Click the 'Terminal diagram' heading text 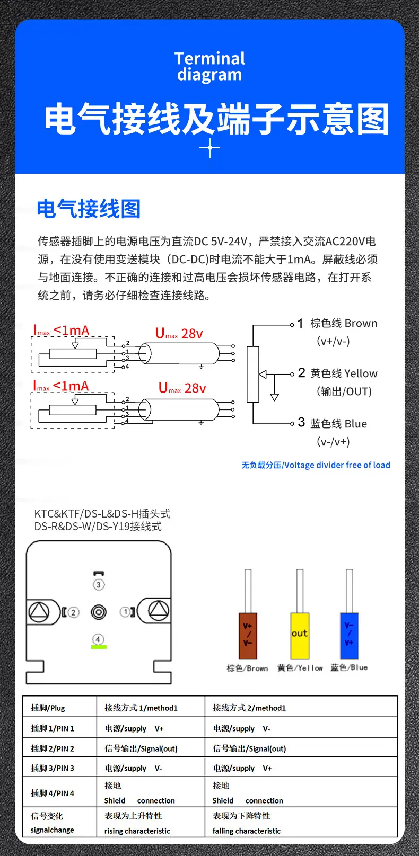pyautogui.click(x=210, y=67)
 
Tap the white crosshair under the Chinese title pyautogui.click(x=210, y=148)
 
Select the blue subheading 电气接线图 pyautogui.click(x=89, y=209)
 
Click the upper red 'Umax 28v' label pyautogui.click(x=179, y=333)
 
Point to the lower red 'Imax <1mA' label pyautogui.click(x=61, y=386)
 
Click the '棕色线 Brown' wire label pyautogui.click(x=344, y=323)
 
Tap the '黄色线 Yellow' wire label pyautogui.click(x=344, y=373)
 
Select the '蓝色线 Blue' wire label pyautogui.click(x=338, y=423)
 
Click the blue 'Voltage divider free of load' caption pyautogui.click(x=316, y=465)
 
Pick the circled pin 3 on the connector pyautogui.click(x=99, y=584)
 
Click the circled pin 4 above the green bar pyautogui.click(x=98, y=639)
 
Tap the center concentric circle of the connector pyautogui.click(x=99, y=612)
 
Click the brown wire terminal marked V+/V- pyautogui.click(x=248, y=636)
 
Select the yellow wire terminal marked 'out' pyautogui.click(x=300, y=636)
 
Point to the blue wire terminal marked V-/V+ pyautogui.click(x=349, y=636)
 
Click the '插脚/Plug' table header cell pyautogui.click(x=48, y=708)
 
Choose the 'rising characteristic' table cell pyautogui.click(x=137, y=831)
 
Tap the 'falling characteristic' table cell pyautogui.click(x=247, y=831)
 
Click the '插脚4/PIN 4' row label pyautogui.click(x=53, y=793)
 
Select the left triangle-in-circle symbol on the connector pyautogui.click(x=39, y=611)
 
